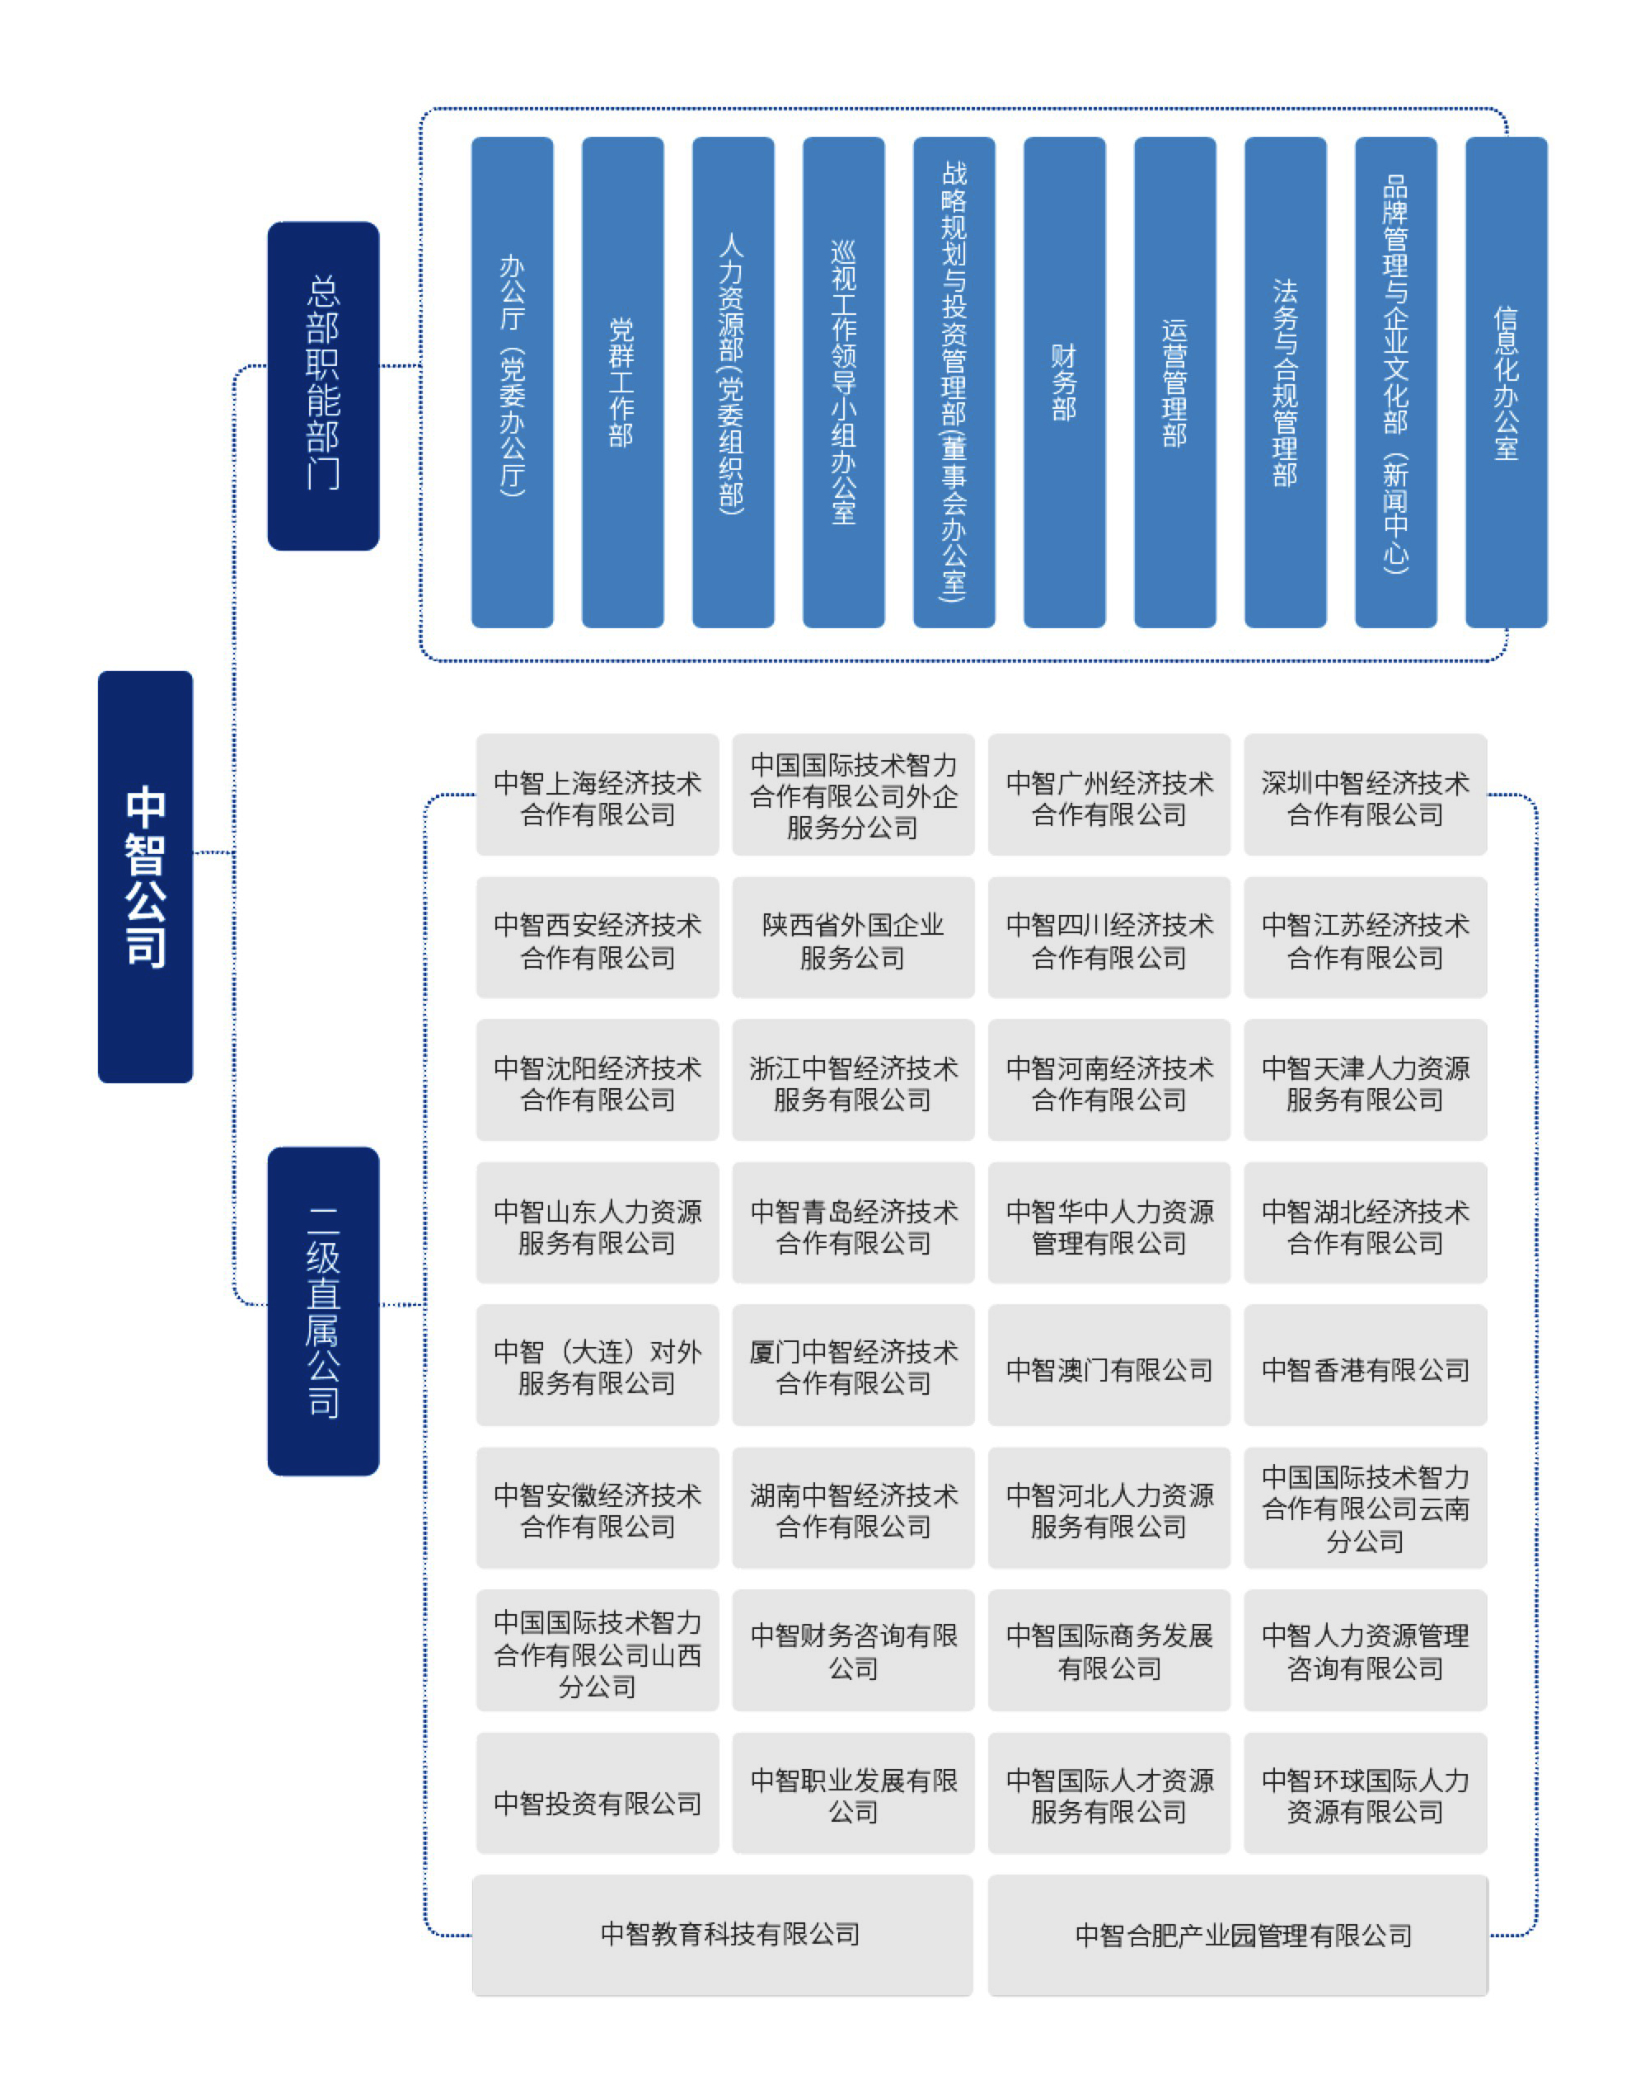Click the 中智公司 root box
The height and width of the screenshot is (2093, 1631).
click(x=145, y=876)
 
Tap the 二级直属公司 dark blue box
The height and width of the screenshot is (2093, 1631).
click(x=323, y=1310)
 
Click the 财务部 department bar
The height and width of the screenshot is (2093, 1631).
click(x=1064, y=382)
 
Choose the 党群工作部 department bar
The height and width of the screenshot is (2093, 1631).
click(x=622, y=382)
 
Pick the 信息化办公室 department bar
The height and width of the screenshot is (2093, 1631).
click(x=1506, y=382)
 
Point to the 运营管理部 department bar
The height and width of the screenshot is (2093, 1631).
click(x=1175, y=382)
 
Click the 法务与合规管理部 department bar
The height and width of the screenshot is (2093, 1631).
click(x=1285, y=382)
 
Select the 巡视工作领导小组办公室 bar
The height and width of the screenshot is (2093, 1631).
click(x=843, y=382)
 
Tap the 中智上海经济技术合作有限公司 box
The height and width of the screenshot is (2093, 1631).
click(x=597, y=795)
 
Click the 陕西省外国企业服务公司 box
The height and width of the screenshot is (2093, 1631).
click(x=853, y=937)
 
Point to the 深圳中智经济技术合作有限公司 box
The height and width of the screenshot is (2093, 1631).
click(x=1365, y=795)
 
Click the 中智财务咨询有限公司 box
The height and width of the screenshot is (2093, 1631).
click(x=853, y=1650)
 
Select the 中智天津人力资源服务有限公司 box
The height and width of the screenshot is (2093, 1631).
click(x=1365, y=1080)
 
